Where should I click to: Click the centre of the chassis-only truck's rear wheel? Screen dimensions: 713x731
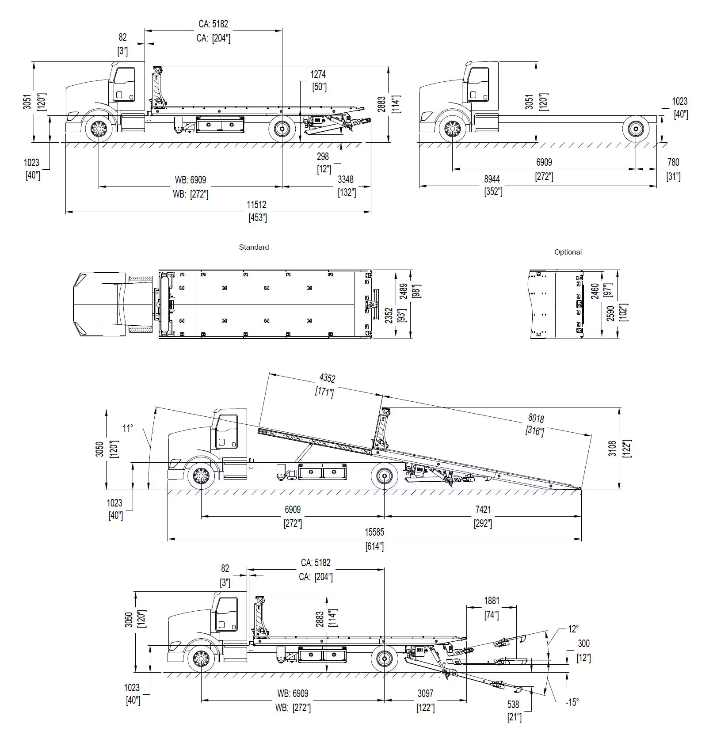pyautogui.click(x=636, y=129)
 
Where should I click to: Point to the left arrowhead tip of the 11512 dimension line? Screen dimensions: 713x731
pyautogui.click(x=66, y=212)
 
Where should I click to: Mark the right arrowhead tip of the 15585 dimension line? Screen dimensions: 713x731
pyautogui.click(x=581, y=539)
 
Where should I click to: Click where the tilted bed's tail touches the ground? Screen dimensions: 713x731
pyautogui.click(x=580, y=488)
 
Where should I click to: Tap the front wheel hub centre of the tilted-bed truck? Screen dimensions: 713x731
pyautogui.click(x=201, y=476)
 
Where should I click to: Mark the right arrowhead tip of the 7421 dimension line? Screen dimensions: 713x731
pyautogui.click(x=581, y=516)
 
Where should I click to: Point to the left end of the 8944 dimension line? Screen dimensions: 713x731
pyautogui.click(x=419, y=186)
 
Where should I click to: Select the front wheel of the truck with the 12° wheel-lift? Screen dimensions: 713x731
pyautogui.click(x=201, y=660)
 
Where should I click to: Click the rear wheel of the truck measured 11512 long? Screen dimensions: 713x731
pyautogui.click(x=282, y=129)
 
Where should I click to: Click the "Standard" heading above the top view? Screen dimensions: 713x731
pyautogui.click(x=254, y=247)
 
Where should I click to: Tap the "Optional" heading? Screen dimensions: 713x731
pyautogui.click(x=568, y=252)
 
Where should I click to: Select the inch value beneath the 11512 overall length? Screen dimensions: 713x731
pyautogui.click(x=258, y=217)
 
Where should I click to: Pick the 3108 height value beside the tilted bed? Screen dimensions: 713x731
pyautogui.click(x=612, y=448)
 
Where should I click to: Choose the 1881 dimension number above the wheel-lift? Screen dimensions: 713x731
pyautogui.click(x=492, y=601)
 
